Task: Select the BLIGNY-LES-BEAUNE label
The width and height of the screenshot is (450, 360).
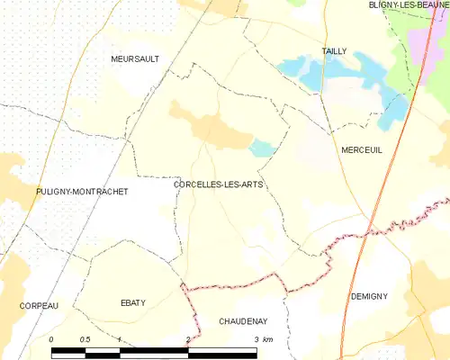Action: point(409,4)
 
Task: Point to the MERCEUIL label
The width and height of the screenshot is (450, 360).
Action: point(362,150)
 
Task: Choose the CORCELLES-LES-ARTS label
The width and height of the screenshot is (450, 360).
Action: point(212,184)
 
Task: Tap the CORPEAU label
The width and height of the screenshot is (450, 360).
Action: point(38,306)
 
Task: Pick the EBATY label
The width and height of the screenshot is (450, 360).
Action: point(132,303)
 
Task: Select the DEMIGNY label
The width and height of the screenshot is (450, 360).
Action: point(369,295)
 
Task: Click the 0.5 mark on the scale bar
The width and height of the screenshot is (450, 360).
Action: point(84,338)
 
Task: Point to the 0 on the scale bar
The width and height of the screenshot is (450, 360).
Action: point(52,338)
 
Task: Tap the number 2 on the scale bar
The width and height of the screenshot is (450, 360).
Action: point(187,338)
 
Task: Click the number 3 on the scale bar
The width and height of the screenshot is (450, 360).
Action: point(256,338)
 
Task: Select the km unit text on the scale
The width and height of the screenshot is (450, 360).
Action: point(267,338)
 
